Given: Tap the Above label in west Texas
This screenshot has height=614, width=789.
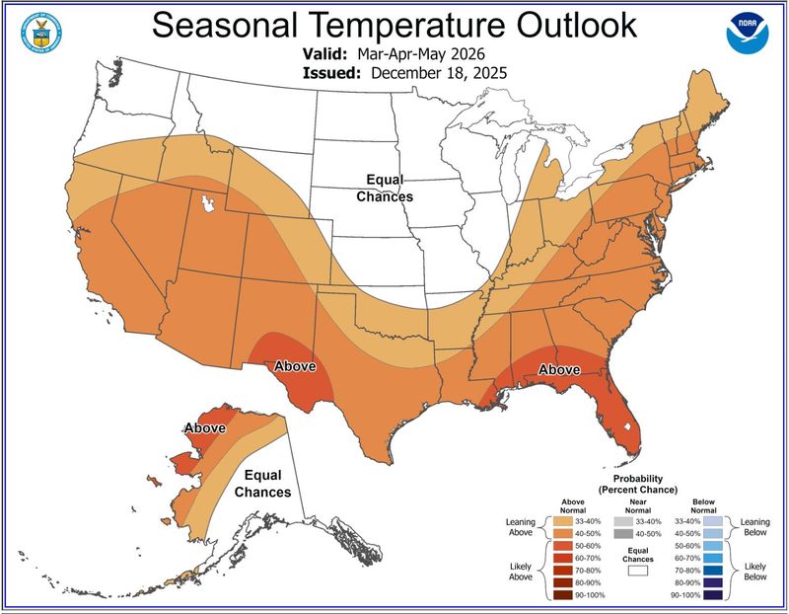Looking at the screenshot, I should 295,365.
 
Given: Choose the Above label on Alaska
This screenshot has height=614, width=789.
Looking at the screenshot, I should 204,427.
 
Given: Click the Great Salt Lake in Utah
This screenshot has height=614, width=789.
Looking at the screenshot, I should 208,203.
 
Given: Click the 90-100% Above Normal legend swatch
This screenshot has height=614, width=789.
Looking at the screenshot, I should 564,595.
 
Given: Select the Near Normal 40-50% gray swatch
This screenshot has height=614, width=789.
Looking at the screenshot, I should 621,533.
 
